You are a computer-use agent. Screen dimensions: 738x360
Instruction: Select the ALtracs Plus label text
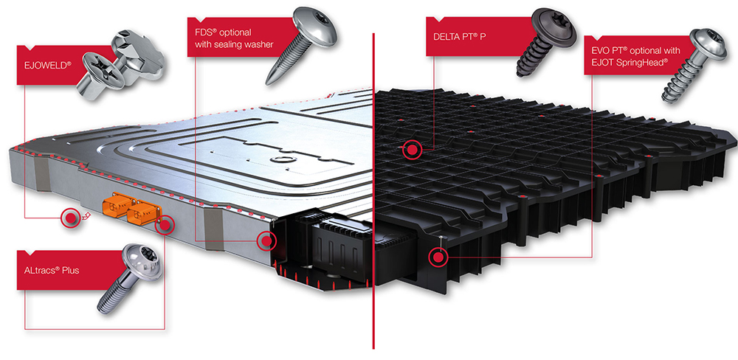(x=52, y=271)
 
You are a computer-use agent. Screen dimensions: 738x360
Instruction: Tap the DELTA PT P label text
(x=459, y=35)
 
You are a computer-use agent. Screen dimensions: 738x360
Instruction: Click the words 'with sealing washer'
(x=234, y=45)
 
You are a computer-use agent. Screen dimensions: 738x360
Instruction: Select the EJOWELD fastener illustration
(x=123, y=65)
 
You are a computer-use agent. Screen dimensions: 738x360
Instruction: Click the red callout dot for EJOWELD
(x=71, y=218)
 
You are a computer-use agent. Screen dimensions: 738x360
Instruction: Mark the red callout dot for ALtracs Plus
(x=165, y=225)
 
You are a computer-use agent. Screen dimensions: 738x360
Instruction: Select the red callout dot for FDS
(x=266, y=240)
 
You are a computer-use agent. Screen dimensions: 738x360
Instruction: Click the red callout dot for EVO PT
(x=438, y=257)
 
